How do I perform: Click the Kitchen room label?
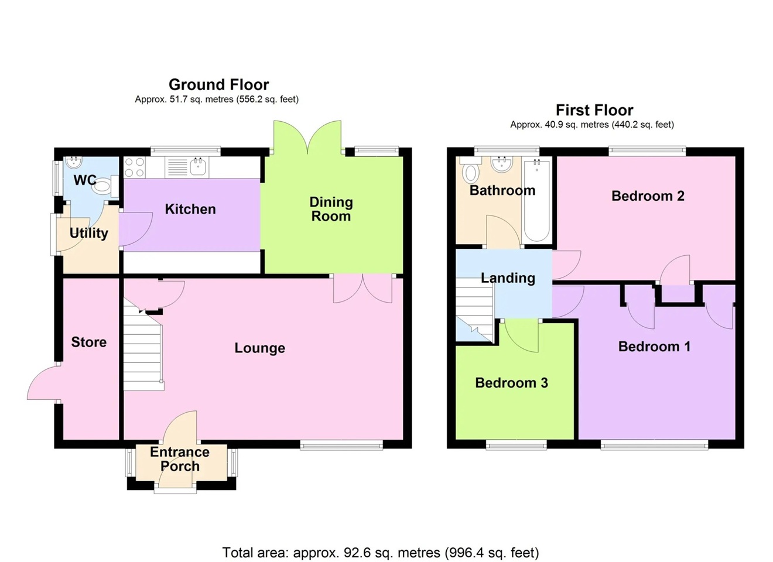(190, 209)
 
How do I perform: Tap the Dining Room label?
(331, 209)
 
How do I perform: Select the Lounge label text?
(259, 348)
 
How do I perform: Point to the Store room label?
(88, 342)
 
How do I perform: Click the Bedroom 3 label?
(511, 383)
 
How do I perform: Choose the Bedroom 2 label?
(648, 196)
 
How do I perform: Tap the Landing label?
(508, 278)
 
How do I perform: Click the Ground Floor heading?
(218, 84)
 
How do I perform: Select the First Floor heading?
(594, 110)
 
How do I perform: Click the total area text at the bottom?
(381, 552)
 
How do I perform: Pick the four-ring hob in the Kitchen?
(135, 167)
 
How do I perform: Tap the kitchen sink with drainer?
(186, 167)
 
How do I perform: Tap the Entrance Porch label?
(179, 459)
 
